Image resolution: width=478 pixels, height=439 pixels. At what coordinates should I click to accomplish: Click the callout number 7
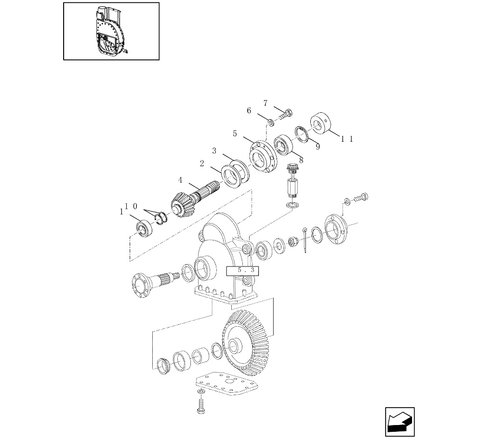pyautogui.click(x=265, y=104)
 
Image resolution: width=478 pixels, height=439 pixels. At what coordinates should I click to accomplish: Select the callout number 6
pyautogui.click(x=249, y=111)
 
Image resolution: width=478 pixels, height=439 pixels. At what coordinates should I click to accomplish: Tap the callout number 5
pyautogui.click(x=235, y=133)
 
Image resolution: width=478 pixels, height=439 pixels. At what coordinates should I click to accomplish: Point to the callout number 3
pyautogui.click(x=214, y=151)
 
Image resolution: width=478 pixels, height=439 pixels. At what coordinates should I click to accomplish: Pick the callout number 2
pyautogui.click(x=202, y=164)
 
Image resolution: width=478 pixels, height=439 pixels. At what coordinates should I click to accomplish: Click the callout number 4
pyautogui.click(x=180, y=180)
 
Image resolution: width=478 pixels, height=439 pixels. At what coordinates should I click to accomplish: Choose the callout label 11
pyautogui.click(x=347, y=139)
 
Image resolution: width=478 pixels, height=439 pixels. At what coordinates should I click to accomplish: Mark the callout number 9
pyautogui.click(x=318, y=147)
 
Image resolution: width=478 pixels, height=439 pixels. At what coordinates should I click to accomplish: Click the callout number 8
pyautogui.click(x=301, y=160)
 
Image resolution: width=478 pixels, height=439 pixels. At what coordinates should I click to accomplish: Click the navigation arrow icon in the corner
pyautogui.click(x=399, y=422)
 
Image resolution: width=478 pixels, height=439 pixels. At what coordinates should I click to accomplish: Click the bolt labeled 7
pyautogui.click(x=285, y=115)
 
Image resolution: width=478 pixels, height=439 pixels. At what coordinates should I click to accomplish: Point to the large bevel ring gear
pyautogui.click(x=245, y=343)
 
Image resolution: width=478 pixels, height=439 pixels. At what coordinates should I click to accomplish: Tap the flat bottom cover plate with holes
pyautogui.click(x=226, y=384)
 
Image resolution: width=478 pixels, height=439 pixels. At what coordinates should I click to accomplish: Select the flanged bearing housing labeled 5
pyautogui.click(x=263, y=157)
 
